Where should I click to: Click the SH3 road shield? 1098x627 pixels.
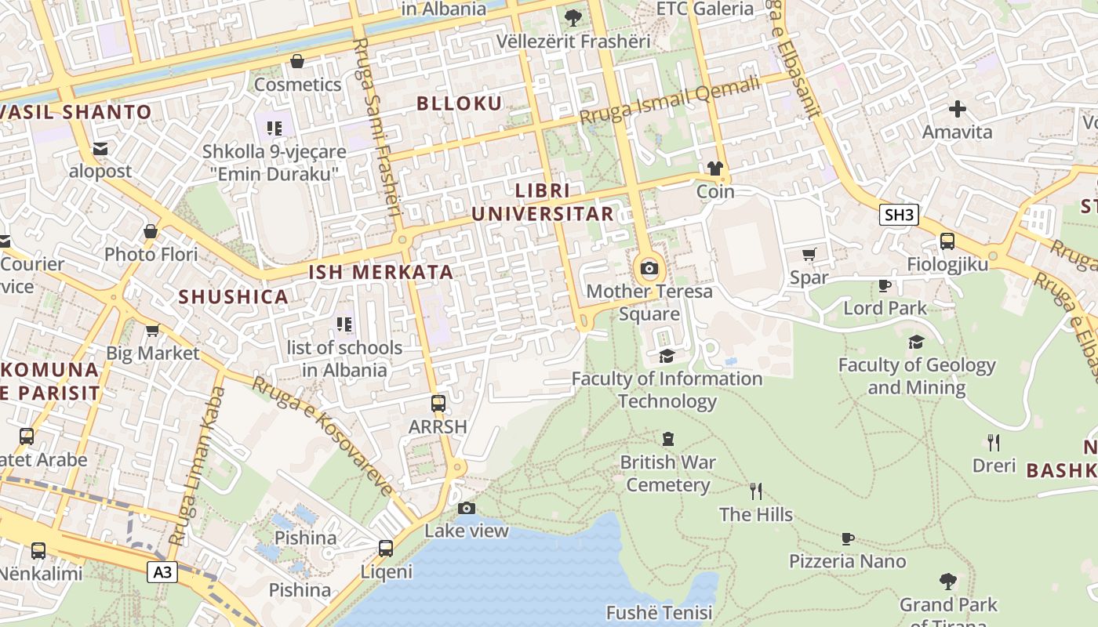[898, 215]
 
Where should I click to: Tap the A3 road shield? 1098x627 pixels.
[162, 572]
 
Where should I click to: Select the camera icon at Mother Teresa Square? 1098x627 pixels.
[649, 269]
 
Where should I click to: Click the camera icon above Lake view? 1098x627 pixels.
[467, 509]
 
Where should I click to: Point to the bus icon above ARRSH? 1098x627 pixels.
[438, 404]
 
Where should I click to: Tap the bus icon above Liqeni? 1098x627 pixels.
[385, 549]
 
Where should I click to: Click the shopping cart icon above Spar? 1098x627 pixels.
[809, 254]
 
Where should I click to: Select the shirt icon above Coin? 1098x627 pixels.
[714, 168]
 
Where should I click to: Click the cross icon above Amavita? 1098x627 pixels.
[957, 109]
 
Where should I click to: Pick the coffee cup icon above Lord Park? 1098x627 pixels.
[885, 285]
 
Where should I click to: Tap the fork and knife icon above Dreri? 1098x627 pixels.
[993, 443]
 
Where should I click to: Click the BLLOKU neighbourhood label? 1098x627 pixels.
[459, 103]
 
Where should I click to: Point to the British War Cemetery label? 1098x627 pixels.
[667, 473]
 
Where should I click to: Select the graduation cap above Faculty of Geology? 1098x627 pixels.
[916, 342]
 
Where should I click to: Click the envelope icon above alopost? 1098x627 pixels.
[100, 148]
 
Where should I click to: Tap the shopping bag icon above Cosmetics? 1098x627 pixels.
[297, 61]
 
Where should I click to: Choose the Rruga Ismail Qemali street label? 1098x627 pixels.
[670, 100]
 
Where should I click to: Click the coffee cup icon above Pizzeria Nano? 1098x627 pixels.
[847, 538]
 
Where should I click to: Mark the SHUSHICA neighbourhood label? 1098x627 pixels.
[234, 297]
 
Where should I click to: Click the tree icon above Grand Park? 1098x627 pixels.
[947, 582]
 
